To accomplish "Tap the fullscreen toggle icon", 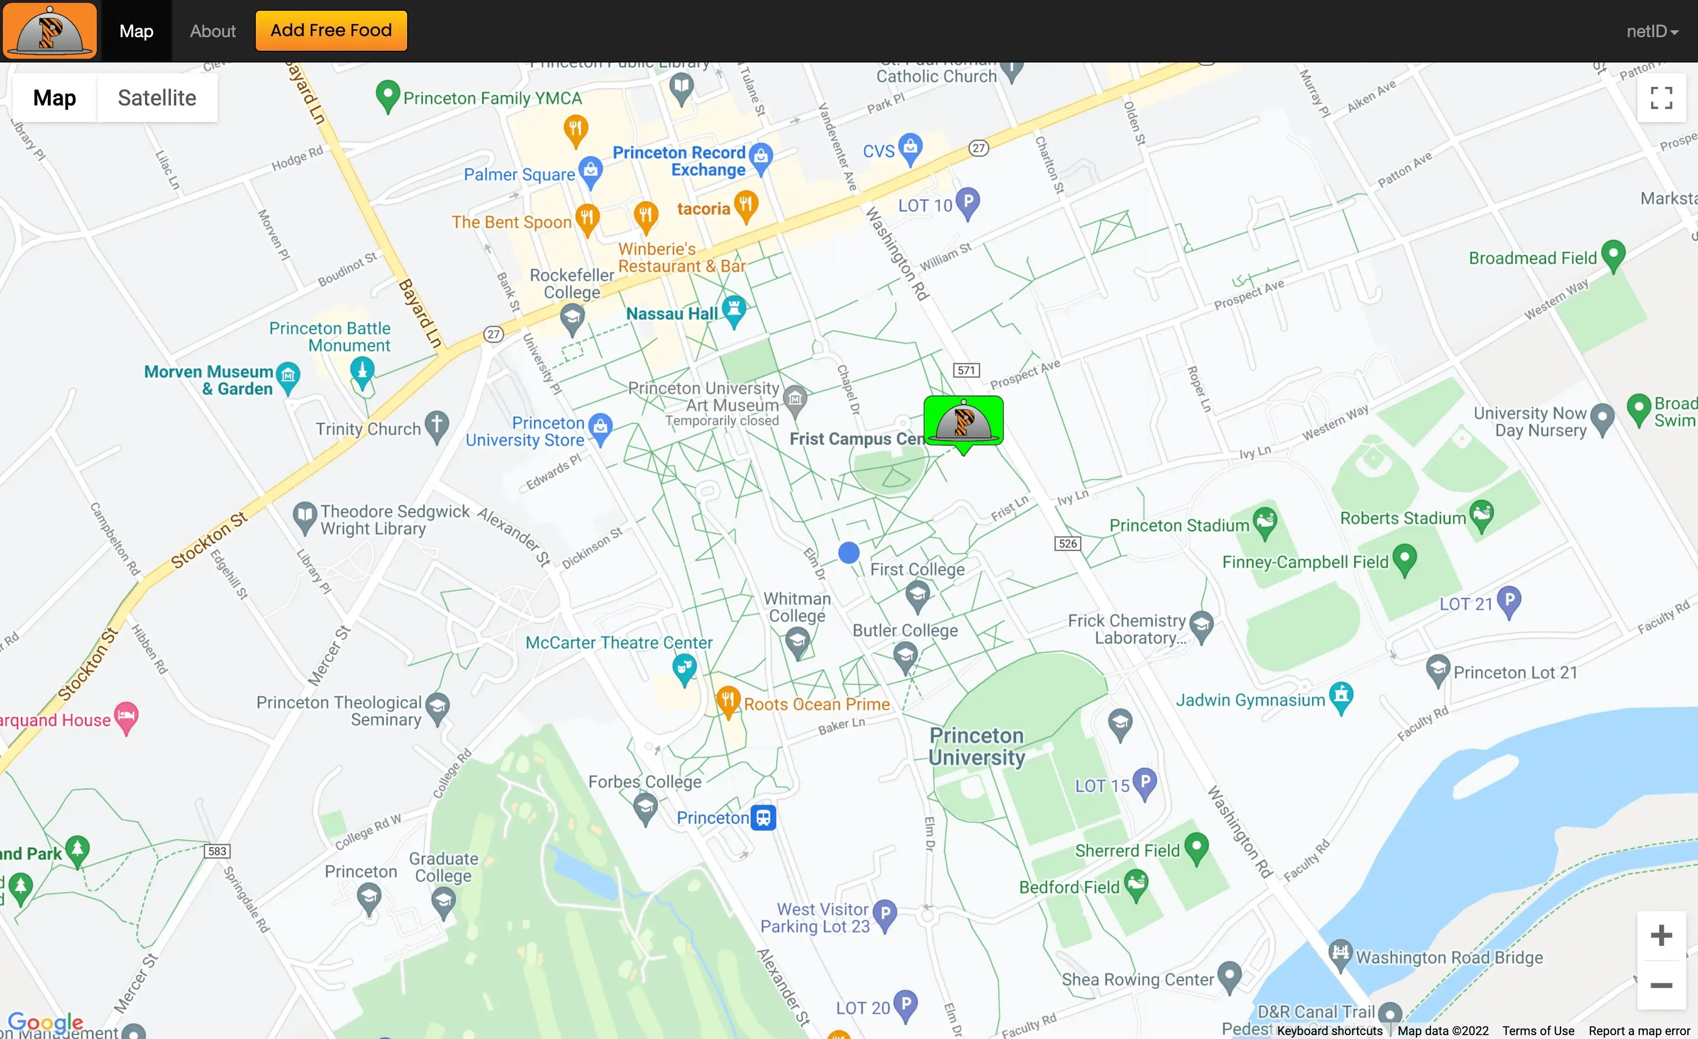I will [x=1661, y=98].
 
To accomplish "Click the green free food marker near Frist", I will [x=963, y=422].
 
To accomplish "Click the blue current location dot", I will [x=849, y=552].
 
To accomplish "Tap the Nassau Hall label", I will [x=671, y=313].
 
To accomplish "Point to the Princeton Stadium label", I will [x=1179, y=525].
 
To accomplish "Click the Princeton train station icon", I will [x=763, y=817].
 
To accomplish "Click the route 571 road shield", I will [x=966, y=370].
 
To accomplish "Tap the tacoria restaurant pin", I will [x=745, y=206].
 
